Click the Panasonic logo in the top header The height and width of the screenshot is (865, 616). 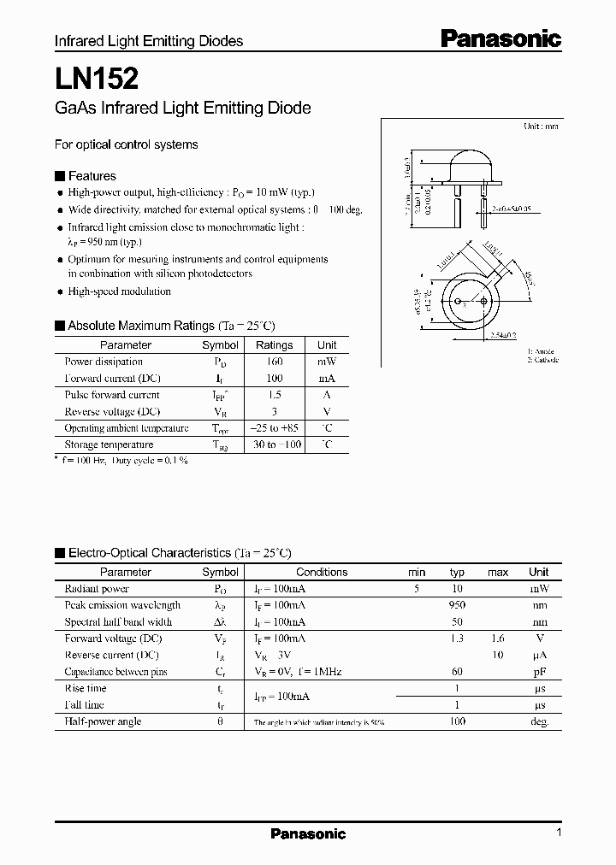[x=500, y=38]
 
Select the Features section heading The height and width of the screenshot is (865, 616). [x=92, y=176]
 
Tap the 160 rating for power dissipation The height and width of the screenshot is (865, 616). [x=274, y=362]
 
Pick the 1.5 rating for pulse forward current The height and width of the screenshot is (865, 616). [x=274, y=395]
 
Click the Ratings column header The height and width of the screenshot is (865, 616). [x=274, y=345]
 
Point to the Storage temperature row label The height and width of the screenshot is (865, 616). [x=109, y=444]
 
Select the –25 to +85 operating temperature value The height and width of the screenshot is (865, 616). [x=274, y=428]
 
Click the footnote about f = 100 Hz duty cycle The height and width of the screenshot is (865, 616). [x=121, y=461]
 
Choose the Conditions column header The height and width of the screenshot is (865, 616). [x=322, y=572]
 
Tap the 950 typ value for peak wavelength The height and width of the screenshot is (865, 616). [x=457, y=605]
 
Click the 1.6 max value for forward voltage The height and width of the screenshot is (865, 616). [x=497, y=638]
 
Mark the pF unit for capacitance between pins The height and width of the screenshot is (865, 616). [x=538, y=672]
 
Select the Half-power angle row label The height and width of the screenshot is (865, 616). [x=103, y=721]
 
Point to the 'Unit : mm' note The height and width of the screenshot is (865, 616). [x=541, y=126]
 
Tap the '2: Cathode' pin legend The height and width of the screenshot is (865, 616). [x=542, y=360]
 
